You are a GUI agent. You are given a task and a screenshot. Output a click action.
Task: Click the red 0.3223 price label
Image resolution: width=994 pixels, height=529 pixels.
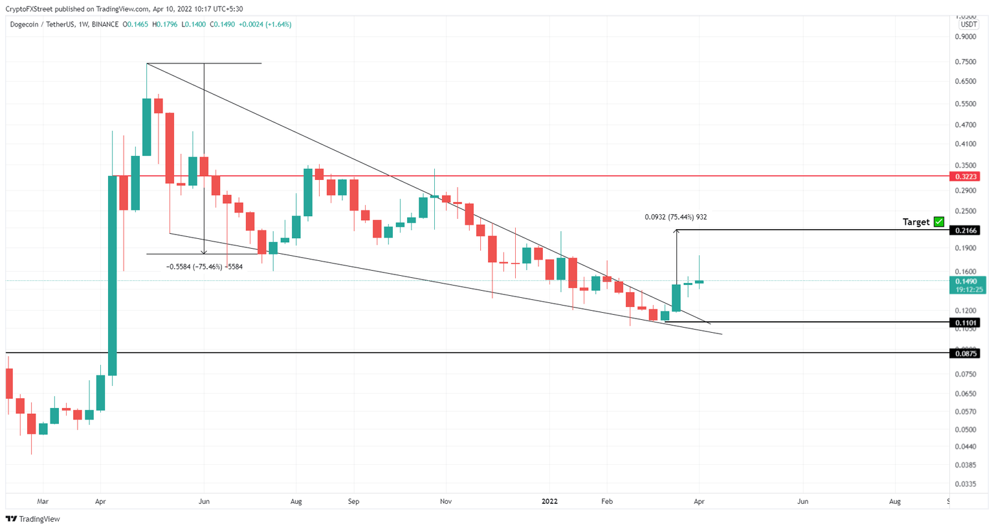[x=964, y=176]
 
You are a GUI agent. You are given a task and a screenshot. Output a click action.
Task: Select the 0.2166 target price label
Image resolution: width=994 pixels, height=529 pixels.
[x=964, y=231]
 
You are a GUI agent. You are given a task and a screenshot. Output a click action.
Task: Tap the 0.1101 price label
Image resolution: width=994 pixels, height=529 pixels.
[x=964, y=322]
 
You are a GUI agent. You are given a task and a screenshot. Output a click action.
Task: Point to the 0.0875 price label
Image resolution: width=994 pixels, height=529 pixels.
[x=964, y=354]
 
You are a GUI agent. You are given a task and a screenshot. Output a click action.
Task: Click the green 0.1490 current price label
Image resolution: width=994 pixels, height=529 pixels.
[x=966, y=282]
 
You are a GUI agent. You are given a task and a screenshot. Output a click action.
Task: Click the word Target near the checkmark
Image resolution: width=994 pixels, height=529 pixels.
[x=916, y=222]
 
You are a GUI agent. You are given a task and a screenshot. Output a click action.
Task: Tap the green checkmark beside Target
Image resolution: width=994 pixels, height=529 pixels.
[x=939, y=221]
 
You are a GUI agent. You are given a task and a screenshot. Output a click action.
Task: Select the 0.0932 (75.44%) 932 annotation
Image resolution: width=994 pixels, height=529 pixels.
[x=676, y=218]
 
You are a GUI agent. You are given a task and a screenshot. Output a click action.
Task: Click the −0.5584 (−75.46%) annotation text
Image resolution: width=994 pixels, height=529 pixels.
[x=204, y=267]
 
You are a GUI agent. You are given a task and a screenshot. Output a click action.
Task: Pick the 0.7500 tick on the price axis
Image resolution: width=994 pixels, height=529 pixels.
[x=966, y=62]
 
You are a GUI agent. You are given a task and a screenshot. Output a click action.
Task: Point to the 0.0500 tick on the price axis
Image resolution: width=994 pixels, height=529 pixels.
[x=966, y=430]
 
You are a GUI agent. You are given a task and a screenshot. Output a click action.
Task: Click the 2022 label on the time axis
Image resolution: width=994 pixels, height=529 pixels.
[x=549, y=502]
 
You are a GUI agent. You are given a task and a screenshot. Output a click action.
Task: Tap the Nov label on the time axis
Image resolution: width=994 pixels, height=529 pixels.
[x=445, y=502]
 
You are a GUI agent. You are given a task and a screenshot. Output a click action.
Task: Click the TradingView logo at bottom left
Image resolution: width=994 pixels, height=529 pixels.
[x=33, y=519]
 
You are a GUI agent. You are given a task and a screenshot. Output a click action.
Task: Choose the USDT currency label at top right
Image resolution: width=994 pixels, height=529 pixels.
[x=968, y=25]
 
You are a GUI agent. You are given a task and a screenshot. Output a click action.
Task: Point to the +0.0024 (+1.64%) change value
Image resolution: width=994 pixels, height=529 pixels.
[x=265, y=25]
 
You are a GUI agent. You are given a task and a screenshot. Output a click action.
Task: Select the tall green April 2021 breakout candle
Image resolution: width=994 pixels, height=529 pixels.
[x=112, y=275]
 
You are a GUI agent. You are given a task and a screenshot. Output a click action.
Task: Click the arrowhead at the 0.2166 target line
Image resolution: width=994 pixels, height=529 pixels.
[x=676, y=232]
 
